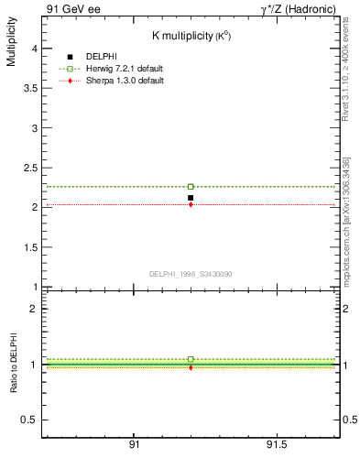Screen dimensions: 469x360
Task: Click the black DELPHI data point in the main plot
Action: (x=191, y=198)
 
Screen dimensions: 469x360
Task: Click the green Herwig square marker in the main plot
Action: (x=191, y=186)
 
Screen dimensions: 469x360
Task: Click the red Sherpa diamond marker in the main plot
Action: (x=191, y=204)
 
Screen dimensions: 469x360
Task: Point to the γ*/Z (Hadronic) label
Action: (x=298, y=9)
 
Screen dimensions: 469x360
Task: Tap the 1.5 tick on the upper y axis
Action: (x=29, y=247)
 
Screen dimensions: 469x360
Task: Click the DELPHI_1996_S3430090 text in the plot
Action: (x=190, y=273)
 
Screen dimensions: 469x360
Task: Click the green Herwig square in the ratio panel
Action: (x=191, y=359)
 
